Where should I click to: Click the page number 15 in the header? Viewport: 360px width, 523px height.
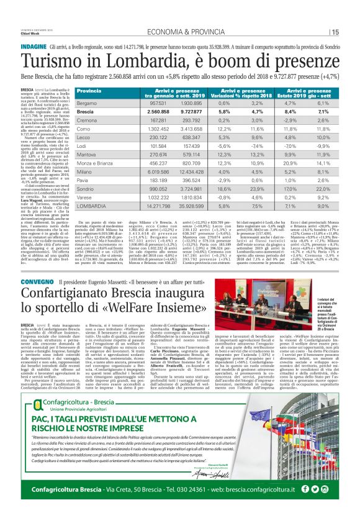335,33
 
